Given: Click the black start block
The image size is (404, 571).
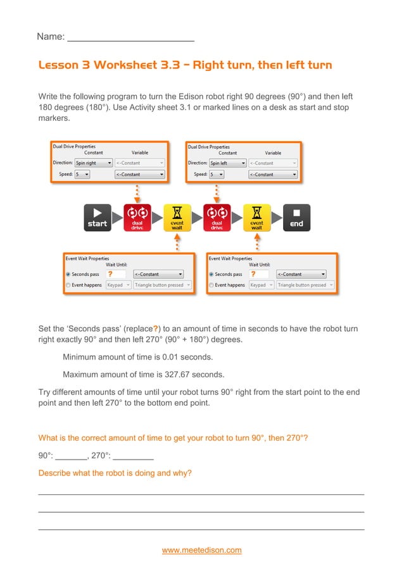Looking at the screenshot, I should point(98,217).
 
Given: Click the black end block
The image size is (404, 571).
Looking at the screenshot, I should point(296,217).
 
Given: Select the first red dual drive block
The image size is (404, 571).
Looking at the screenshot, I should point(137,217).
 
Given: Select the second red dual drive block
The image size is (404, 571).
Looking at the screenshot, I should point(217,217).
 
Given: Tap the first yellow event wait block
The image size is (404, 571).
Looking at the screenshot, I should point(177,217).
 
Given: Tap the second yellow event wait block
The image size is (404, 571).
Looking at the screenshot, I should point(256,217).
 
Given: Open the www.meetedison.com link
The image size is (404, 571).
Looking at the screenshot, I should point(202,550).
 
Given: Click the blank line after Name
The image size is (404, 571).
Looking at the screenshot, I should point(130,37).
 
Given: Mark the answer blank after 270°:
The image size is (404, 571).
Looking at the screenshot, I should point(133,455).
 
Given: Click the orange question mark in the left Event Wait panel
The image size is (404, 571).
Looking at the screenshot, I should point(111,274).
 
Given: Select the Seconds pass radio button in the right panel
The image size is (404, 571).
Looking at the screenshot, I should point(211,275).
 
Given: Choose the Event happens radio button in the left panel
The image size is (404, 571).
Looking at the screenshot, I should point(68,285).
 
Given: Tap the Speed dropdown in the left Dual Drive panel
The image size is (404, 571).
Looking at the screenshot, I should point(83,174).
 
